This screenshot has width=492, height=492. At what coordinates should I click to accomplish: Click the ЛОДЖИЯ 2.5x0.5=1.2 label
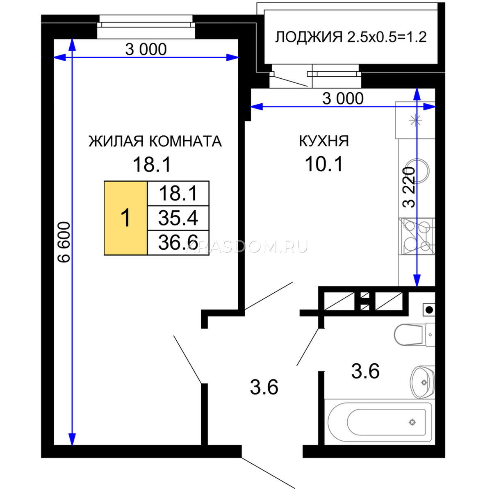351,37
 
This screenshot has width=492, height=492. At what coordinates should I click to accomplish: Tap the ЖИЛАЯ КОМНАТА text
155,141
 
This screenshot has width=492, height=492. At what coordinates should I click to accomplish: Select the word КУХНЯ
324,141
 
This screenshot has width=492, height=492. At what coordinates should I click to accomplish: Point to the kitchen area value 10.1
324,164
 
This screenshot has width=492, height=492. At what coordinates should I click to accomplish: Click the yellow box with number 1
125,218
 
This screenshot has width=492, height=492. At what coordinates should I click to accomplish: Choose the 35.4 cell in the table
178,218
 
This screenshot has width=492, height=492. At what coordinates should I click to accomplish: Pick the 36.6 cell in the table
178,243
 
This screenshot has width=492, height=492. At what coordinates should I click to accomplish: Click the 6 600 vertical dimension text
64,242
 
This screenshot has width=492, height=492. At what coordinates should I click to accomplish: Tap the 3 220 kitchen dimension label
409,187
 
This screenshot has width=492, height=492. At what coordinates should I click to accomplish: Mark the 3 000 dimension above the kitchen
343,98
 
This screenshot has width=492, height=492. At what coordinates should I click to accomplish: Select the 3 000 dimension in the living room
146,49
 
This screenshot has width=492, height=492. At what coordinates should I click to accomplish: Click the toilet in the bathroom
414,335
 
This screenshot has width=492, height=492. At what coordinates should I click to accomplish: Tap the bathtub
380,422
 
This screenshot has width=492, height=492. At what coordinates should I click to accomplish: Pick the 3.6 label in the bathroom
365,371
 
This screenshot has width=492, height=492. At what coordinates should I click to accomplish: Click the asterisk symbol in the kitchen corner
415,120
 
